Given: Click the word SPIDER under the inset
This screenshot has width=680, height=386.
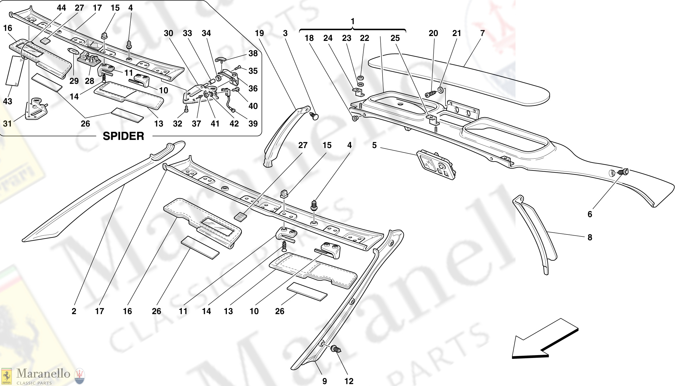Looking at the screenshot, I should click(x=123, y=136).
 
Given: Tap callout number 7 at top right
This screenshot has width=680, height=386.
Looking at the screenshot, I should click(x=482, y=33).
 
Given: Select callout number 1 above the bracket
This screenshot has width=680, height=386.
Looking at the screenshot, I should click(x=352, y=21).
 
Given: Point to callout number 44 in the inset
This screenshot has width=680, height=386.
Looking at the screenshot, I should click(x=61, y=8).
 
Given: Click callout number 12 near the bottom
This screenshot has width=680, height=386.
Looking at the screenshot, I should click(x=349, y=381).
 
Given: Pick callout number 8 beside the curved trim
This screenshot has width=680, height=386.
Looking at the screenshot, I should click(x=590, y=237).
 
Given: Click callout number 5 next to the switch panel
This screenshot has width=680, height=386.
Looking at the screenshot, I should click(x=374, y=145).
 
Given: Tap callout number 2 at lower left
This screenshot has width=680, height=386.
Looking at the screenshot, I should click(x=74, y=311).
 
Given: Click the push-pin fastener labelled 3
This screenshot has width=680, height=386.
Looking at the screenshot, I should click(x=314, y=116).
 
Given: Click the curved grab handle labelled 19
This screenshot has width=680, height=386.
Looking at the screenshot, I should click(x=282, y=134).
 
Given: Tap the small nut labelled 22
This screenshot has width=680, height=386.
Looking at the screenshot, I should click(x=361, y=78).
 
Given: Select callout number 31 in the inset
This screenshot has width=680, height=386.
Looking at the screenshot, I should click(x=7, y=124).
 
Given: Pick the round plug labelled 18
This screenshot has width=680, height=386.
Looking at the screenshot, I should click(x=355, y=118).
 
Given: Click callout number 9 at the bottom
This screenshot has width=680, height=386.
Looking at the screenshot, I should click(x=324, y=381).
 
